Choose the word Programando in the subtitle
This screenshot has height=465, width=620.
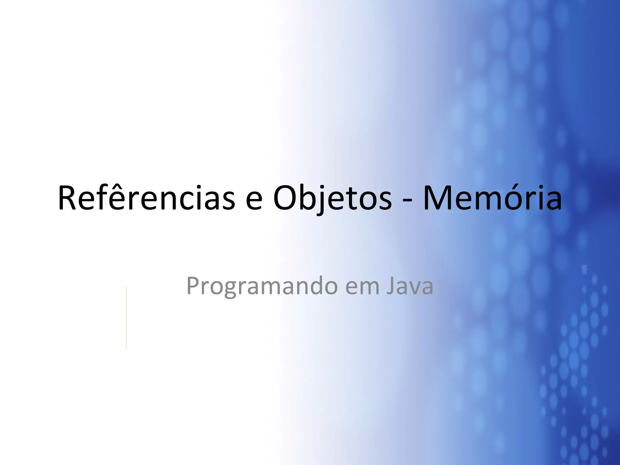(262, 286)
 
